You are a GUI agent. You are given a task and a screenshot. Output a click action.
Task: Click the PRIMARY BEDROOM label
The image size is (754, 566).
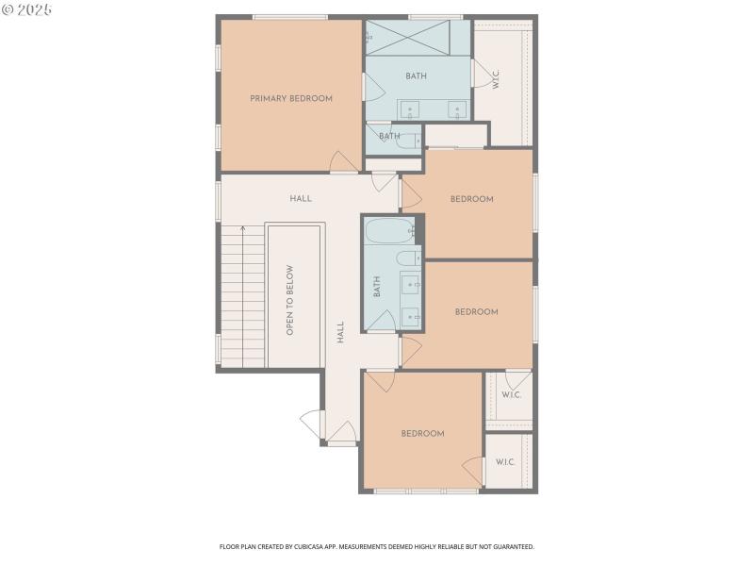(290, 98)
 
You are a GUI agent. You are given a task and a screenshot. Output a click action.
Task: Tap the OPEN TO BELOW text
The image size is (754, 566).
(290, 299)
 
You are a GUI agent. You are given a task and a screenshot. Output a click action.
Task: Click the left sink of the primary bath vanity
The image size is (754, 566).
(410, 109)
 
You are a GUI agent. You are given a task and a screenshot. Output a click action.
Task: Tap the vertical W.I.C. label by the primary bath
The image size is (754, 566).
(496, 80)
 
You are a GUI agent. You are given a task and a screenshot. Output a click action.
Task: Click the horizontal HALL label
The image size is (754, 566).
(301, 199)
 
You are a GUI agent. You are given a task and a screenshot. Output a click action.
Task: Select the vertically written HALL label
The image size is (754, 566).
(340, 331)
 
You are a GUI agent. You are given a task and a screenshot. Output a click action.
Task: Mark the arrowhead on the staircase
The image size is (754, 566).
(242, 229)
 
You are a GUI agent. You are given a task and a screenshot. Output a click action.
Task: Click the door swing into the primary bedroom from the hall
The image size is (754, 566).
(344, 162)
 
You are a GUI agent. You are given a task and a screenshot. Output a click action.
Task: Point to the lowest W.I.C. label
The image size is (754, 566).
(505, 462)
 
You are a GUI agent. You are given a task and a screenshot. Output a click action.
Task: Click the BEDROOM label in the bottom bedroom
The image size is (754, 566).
(422, 434)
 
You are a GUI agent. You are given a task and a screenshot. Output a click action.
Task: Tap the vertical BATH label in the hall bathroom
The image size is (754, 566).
(376, 287)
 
